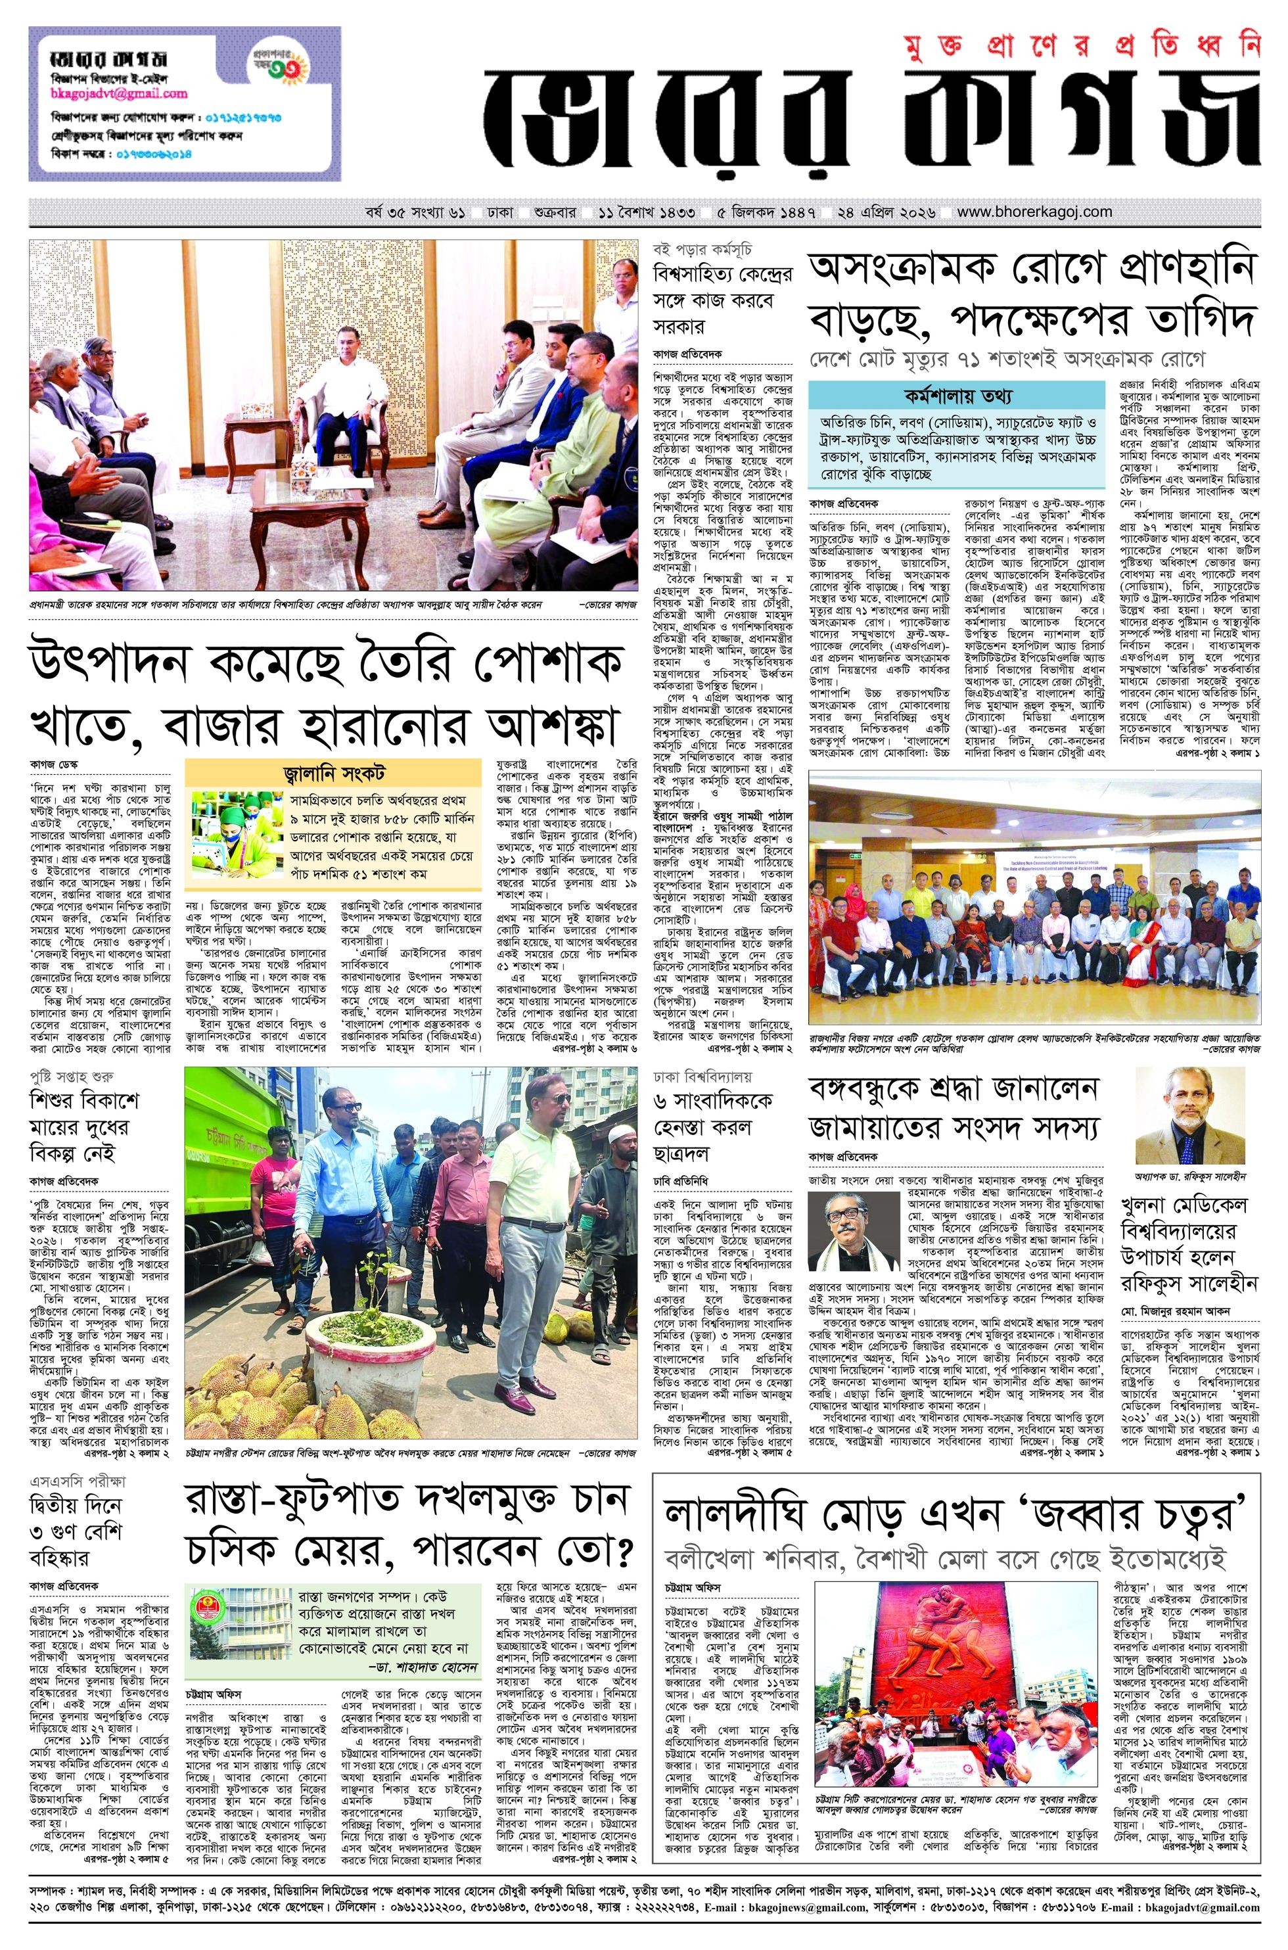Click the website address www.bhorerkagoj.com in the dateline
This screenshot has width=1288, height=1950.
(x=1034, y=212)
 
